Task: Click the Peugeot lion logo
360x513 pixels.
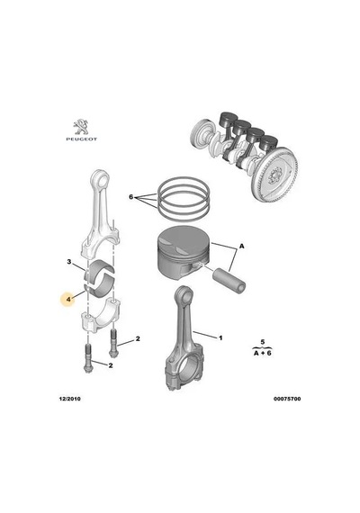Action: [81, 127]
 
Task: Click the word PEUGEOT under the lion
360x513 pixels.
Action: [82, 139]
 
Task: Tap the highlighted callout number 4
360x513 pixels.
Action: [68, 299]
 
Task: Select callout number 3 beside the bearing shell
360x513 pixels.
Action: [69, 262]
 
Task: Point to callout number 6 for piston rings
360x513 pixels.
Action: [130, 197]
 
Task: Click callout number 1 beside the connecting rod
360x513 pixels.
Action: [220, 337]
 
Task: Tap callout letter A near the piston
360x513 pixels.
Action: [242, 246]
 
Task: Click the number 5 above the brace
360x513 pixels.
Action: [263, 342]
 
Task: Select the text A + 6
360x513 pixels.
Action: [263, 353]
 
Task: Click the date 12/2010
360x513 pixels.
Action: [69, 399]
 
